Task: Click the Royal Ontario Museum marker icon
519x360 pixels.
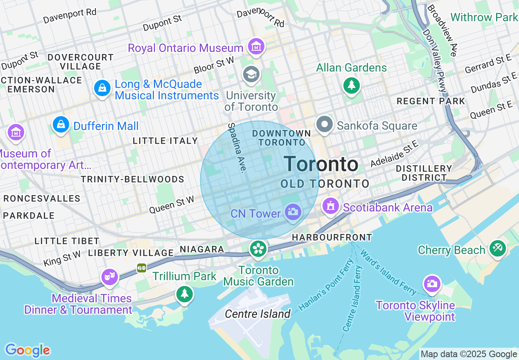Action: (x=256, y=47)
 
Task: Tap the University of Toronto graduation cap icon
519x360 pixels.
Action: (x=251, y=74)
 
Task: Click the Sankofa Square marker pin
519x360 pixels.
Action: (x=325, y=124)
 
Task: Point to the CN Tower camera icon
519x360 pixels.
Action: (x=293, y=212)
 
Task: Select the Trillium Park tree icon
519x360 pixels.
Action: (x=185, y=293)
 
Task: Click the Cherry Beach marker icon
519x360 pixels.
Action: (x=498, y=248)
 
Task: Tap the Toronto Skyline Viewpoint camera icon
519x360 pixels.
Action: (x=432, y=283)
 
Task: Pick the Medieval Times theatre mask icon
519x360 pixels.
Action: (x=110, y=277)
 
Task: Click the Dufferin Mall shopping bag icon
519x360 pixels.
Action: (x=61, y=124)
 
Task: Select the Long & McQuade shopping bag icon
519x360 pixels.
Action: (x=102, y=88)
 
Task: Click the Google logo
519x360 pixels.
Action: (x=27, y=350)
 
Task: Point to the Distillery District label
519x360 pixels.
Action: (x=424, y=173)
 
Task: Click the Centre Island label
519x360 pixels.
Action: (x=258, y=314)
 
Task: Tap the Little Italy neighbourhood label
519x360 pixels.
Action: (x=165, y=141)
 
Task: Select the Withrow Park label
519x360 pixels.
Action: (x=484, y=17)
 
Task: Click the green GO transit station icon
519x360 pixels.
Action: (x=142, y=268)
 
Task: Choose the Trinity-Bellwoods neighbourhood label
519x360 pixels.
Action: (x=132, y=179)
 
